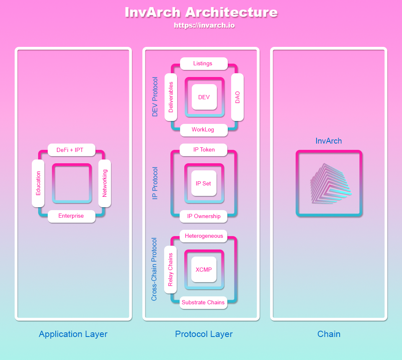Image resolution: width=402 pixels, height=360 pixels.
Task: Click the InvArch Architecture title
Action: tap(201, 12)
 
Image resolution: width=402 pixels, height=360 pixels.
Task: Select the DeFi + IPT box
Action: tap(72, 150)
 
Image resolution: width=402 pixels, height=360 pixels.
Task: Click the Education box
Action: tap(39, 183)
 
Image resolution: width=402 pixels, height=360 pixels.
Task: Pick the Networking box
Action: tap(105, 183)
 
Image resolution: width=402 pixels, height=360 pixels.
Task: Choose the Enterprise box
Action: tap(71, 216)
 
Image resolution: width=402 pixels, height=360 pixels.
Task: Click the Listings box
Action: tap(204, 64)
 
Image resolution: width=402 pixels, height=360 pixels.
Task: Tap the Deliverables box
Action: tap(171, 97)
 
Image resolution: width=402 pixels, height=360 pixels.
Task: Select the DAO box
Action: tap(237, 97)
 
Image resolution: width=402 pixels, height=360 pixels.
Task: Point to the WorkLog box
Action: tap(204, 130)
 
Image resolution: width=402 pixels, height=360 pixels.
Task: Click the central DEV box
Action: tap(204, 97)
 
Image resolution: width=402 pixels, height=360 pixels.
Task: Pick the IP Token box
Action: tap(204, 149)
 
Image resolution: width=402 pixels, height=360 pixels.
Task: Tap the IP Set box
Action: tap(204, 183)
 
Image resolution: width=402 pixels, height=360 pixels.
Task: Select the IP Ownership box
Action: tap(204, 216)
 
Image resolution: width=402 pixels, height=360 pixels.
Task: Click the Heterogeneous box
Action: tap(204, 236)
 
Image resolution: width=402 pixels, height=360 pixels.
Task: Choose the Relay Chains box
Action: tap(170, 270)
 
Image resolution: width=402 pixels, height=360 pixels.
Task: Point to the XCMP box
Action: tap(204, 270)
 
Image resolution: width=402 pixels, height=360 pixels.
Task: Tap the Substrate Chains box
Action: tap(204, 303)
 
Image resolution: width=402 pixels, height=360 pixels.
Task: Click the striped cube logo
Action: tap(330, 184)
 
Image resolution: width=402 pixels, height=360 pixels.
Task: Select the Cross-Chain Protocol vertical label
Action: tap(154, 269)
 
